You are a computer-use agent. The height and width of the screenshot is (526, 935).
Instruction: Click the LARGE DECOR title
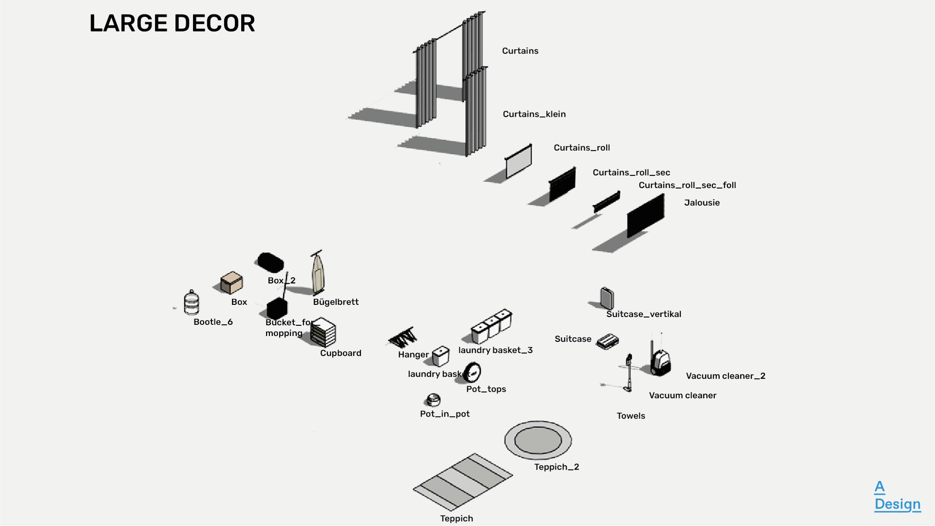click(x=172, y=23)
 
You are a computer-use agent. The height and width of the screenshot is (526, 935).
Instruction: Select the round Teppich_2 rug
click(x=538, y=440)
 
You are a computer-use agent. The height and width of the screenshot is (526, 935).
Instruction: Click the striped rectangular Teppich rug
click(x=462, y=482)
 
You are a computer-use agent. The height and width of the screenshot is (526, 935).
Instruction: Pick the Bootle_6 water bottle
click(x=191, y=303)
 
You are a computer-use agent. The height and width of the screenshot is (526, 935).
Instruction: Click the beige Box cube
click(x=231, y=282)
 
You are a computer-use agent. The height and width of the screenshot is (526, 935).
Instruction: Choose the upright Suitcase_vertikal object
click(x=607, y=298)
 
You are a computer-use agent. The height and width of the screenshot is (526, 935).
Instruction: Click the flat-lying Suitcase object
click(x=608, y=341)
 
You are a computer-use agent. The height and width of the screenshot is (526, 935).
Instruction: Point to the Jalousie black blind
click(x=645, y=215)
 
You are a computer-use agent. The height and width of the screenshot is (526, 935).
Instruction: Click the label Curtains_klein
click(x=534, y=114)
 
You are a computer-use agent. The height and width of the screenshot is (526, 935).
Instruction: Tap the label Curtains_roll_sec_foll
click(x=687, y=185)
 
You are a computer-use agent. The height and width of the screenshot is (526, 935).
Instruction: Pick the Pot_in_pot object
click(x=433, y=400)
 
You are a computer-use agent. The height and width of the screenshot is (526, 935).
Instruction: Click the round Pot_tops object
click(x=472, y=372)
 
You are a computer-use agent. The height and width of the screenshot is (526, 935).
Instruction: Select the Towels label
click(x=630, y=416)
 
